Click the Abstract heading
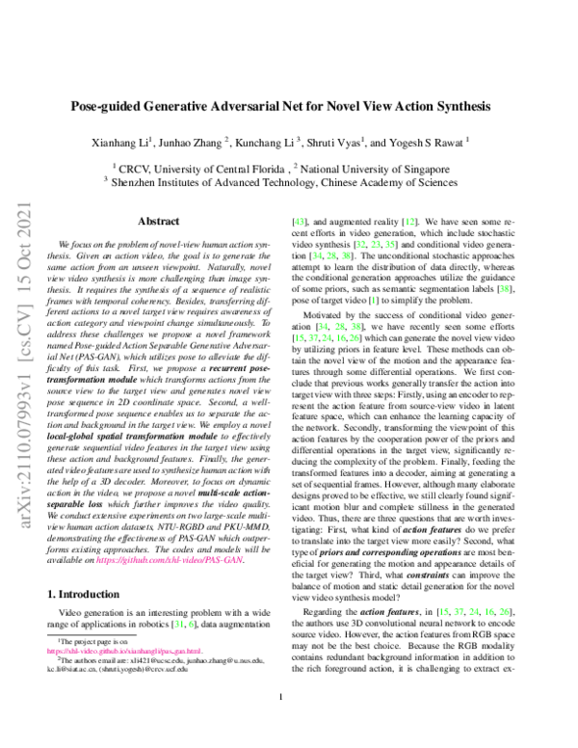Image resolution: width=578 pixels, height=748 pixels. coord(159,221)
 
